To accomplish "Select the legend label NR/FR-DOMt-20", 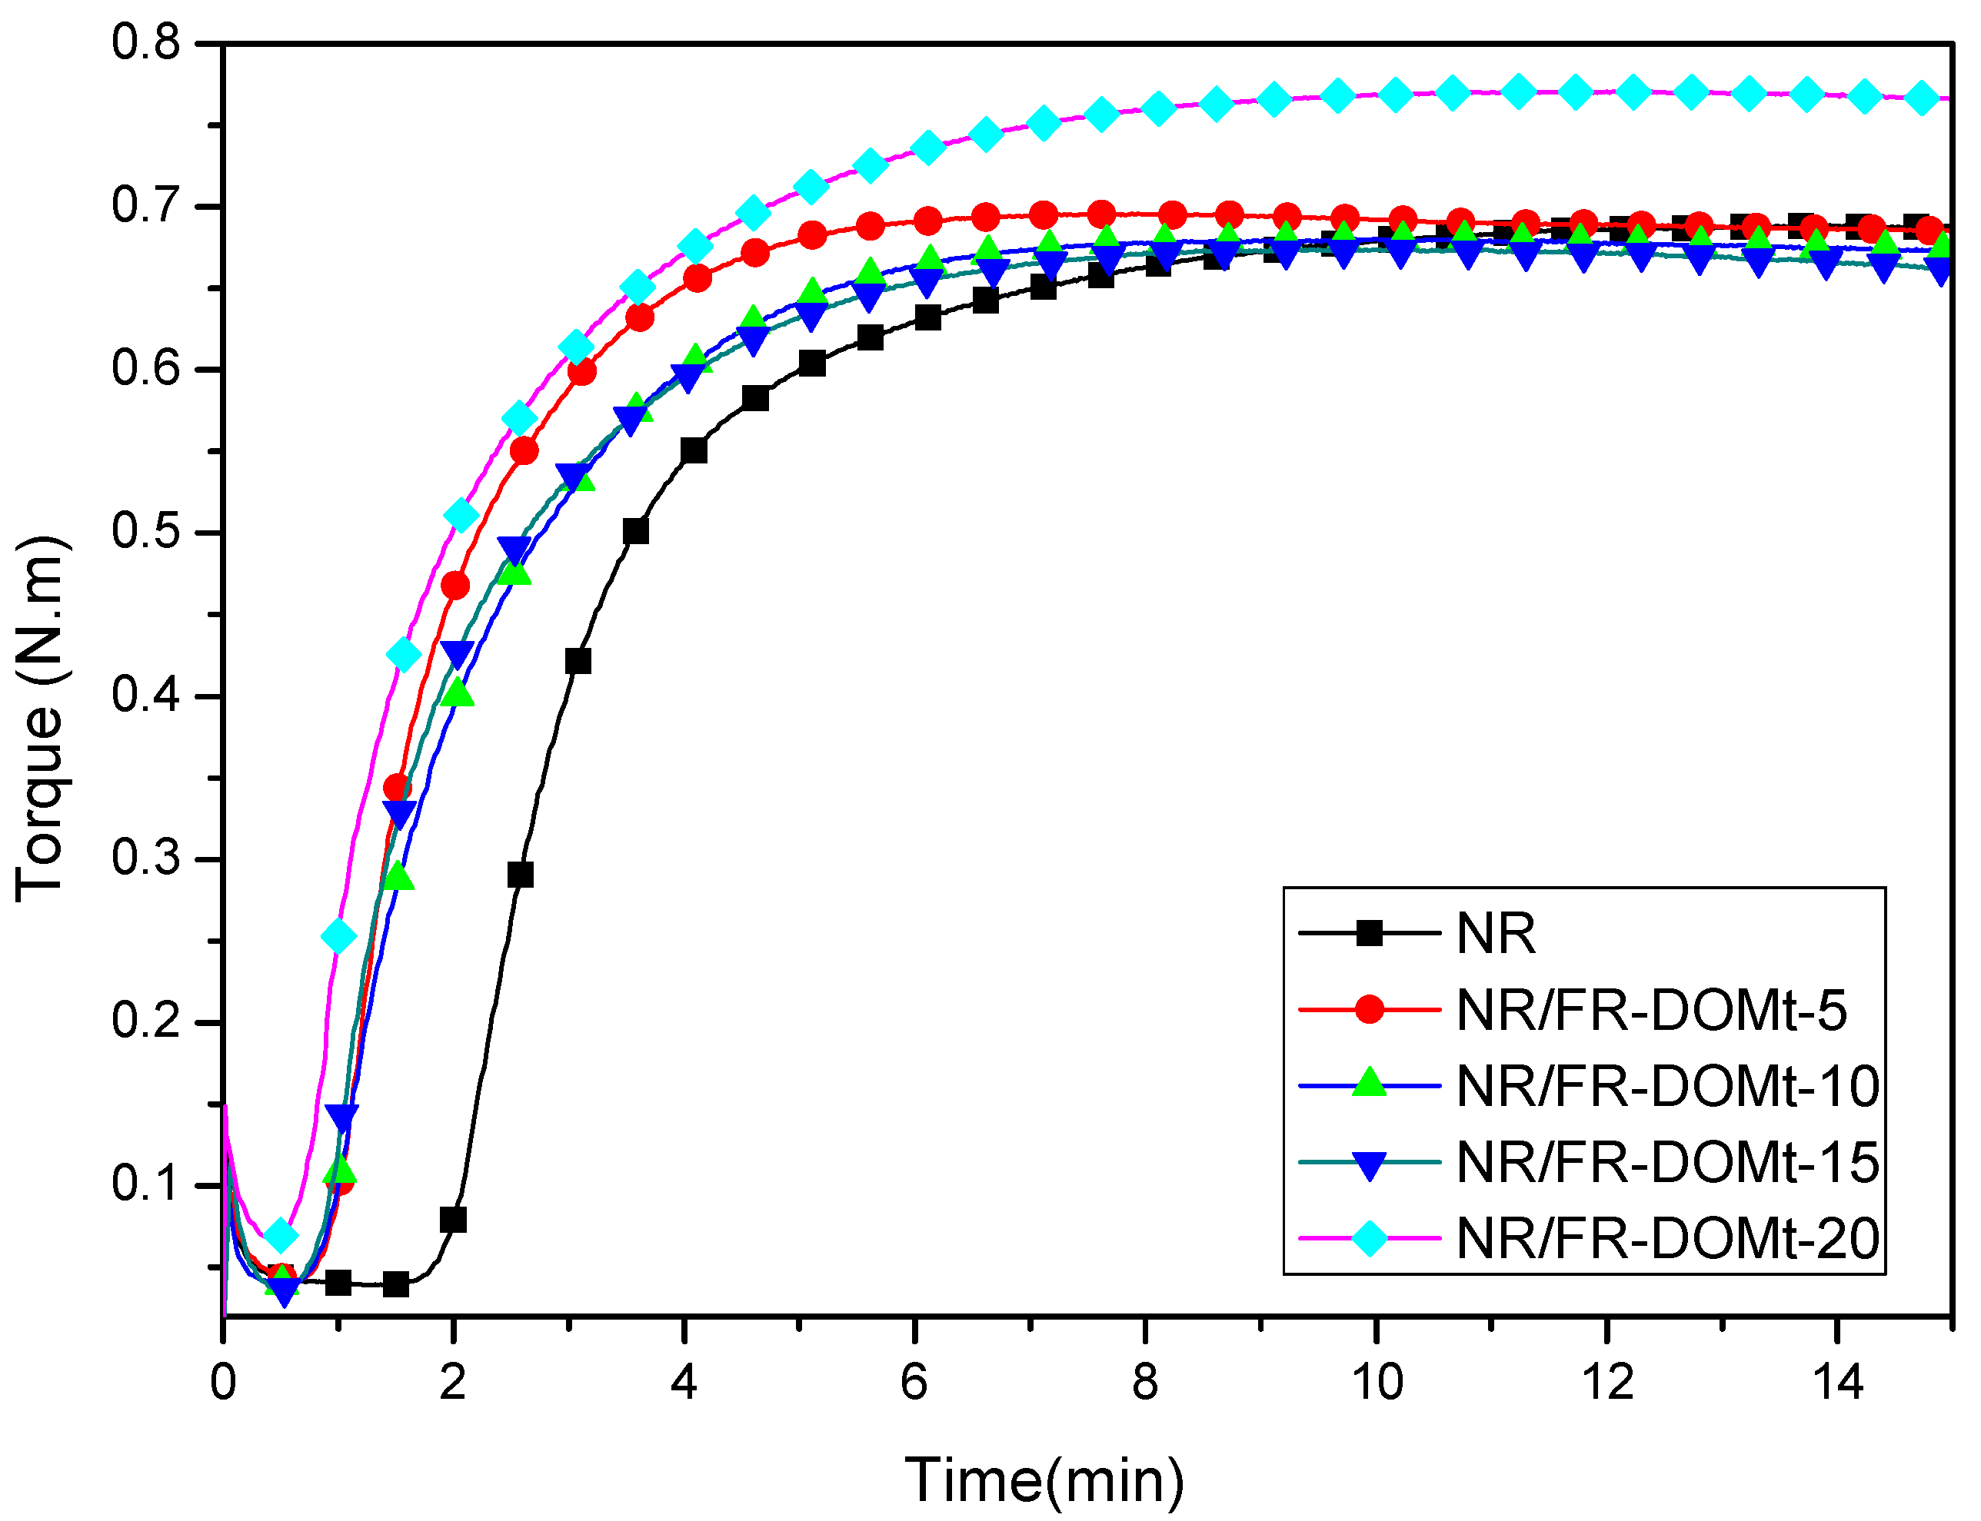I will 1666,1237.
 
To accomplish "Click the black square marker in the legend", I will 1369,932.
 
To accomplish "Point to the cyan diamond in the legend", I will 1369,1237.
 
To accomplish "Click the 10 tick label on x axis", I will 1376,1383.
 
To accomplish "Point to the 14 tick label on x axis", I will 1837,1383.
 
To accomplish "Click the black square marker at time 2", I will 453,1220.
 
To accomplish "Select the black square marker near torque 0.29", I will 520,875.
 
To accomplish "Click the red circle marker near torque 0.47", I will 454,586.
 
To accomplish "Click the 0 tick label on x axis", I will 223,1383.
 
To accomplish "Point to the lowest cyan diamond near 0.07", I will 281,1235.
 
